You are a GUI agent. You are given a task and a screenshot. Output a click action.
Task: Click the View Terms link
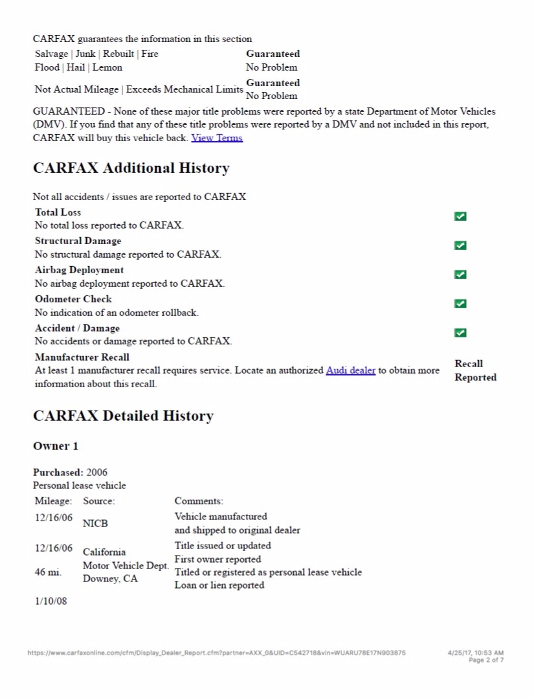pos(217,138)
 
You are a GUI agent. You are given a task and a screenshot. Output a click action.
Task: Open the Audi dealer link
pos(350,370)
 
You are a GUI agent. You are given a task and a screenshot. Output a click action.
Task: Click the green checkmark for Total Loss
pos(460,216)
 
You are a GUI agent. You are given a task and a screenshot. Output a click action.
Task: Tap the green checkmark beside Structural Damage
pos(460,245)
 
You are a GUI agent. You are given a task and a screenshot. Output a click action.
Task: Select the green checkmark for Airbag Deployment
pos(460,275)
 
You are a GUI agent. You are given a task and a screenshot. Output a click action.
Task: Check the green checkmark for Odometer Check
pos(460,304)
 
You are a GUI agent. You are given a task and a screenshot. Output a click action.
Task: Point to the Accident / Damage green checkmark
pos(460,333)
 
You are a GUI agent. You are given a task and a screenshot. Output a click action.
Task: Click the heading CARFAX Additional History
pos(131,168)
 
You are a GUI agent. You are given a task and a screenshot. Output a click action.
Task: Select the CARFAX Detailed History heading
pos(123,416)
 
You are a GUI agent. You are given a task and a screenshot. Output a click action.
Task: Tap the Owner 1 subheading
pos(56,446)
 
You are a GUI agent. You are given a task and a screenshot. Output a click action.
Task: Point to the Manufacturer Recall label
pos(82,357)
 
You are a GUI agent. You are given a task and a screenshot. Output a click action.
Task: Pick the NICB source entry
pos(95,524)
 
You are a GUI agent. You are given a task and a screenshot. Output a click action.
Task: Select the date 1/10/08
pos(51,602)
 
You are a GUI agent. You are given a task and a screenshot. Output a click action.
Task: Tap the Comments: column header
pos(199,501)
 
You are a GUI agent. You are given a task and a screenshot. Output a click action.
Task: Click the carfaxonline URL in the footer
pos(216,653)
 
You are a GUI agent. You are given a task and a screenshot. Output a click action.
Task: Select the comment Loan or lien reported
pos(219,585)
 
